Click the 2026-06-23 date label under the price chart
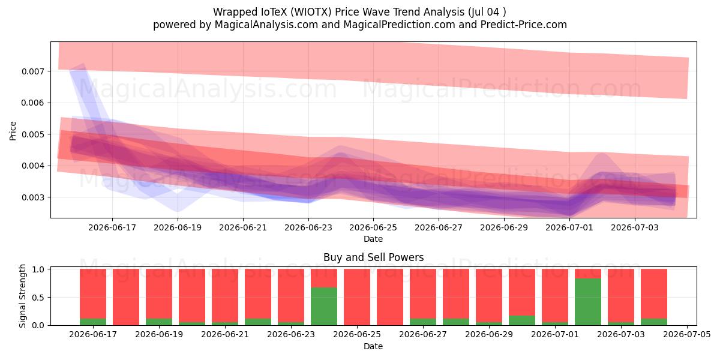(308, 227)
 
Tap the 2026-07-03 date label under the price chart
(635, 227)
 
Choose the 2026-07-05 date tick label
(687, 334)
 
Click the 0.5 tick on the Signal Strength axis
(38, 298)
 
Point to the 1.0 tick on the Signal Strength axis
(38, 269)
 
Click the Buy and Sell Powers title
(373, 257)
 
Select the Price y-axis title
(13, 131)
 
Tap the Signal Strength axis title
(22, 296)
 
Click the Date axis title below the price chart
(373, 239)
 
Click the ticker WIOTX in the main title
(313, 12)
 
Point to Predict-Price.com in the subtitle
(524, 25)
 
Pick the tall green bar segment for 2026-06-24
(324, 307)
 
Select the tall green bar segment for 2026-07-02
(588, 302)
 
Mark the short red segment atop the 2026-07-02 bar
(588, 274)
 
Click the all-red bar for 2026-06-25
(357, 297)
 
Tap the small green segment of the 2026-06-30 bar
(522, 320)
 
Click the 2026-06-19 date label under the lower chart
(159, 334)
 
